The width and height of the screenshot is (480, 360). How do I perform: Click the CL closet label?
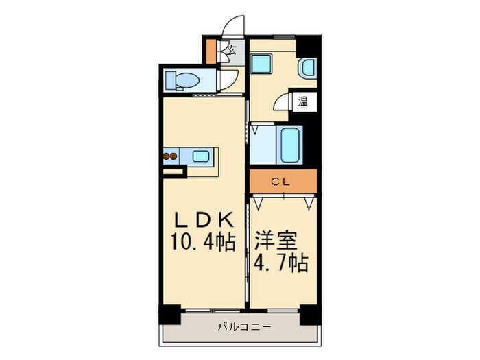coord(283,182)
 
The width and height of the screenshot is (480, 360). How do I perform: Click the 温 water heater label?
coord(302,101)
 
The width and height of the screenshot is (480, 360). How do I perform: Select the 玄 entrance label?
coord(232,49)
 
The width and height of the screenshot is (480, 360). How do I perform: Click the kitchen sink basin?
coord(201,156)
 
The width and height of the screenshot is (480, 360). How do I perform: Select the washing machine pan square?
coord(261,65)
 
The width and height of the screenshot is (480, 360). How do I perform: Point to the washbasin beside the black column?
coord(308,69)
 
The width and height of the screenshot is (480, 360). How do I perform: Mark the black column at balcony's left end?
coord(169,314)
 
